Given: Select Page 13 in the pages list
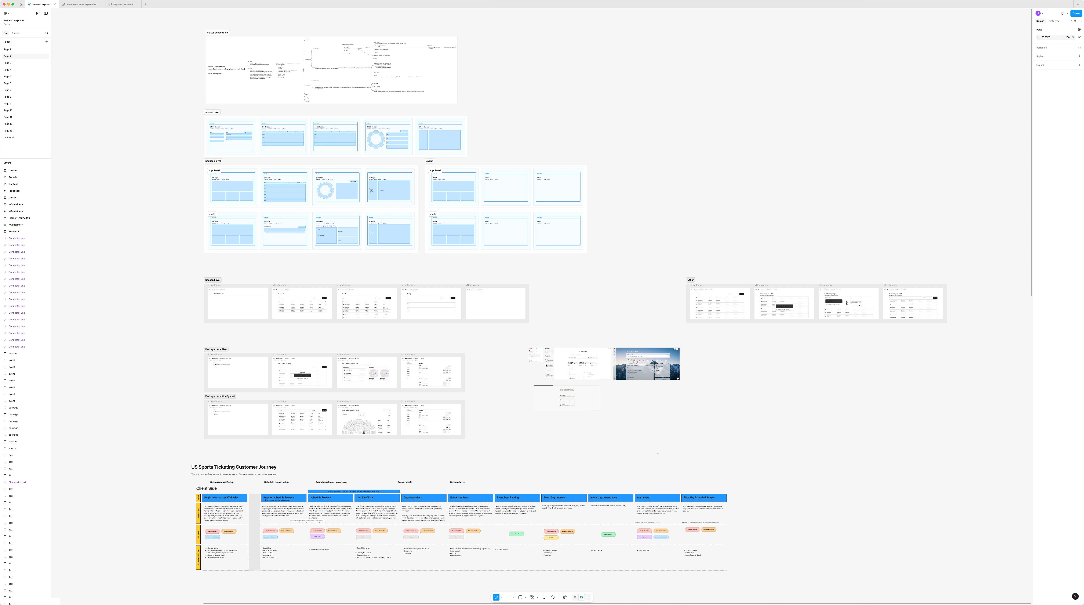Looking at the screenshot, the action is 8,130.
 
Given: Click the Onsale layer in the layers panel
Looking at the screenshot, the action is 13,170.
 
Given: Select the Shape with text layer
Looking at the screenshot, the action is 17,482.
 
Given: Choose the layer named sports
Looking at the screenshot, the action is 12,448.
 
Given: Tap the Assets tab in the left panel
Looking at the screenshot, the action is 16,33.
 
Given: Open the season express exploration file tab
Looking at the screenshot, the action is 82,4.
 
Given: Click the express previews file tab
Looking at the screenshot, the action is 123,4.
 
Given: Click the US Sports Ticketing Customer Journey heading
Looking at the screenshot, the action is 234,467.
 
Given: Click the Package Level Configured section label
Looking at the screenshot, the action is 220,396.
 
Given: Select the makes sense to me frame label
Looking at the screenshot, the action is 218,32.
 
